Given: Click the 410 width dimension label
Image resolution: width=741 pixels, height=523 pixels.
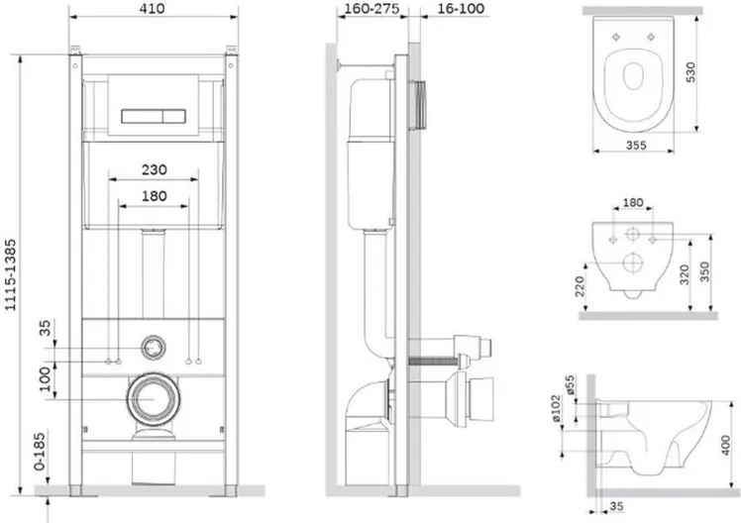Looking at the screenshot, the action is click(153, 9).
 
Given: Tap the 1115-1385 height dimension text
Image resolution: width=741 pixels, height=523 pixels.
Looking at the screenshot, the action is click(10, 275).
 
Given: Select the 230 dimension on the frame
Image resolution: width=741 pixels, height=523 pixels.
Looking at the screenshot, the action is click(155, 169).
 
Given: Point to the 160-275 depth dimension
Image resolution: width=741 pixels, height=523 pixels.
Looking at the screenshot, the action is click(371, 9).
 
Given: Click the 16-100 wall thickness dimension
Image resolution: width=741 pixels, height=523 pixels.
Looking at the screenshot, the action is click(461, 9).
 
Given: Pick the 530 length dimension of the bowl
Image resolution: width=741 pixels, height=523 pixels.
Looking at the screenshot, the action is click(690, 71).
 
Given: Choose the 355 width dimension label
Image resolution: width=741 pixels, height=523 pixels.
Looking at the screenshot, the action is click(636, 145).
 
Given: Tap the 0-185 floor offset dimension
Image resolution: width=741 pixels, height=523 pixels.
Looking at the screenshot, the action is click(40, 452).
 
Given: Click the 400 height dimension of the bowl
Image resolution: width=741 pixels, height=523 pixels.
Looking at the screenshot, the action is click(725, 446).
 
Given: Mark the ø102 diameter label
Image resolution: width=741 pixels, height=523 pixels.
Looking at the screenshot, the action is click(556, 408).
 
